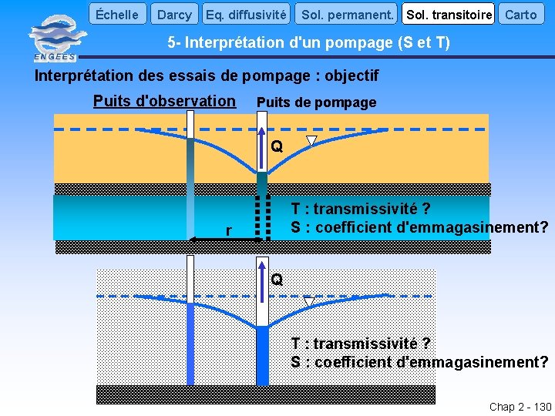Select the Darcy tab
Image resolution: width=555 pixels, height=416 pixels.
[x=174, y=14]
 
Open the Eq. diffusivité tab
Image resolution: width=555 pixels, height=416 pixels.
[x=247, y=14]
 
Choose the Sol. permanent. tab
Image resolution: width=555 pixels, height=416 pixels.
[x=347, y=14]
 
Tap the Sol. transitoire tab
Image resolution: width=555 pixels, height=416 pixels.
[x=449, y=14]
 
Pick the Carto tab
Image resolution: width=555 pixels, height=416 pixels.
[x=520, y=14]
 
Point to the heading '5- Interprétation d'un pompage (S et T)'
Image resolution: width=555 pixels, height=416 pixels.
[x=308, y=43]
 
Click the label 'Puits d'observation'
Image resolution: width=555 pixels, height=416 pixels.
[x=164, y=101]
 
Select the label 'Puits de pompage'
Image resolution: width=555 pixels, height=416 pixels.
[x=316, y=102]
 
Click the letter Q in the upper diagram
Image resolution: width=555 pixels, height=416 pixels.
[x=277, y=146]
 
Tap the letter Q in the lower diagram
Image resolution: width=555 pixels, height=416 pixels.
[x=277, y=280]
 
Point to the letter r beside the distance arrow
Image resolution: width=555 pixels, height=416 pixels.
[x=228, y=231]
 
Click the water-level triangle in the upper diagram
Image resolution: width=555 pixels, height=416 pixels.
[x=311, y=141]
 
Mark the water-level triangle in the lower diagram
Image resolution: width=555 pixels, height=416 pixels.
[x=309, y=302]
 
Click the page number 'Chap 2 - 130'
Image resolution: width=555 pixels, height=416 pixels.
[x=520, y=407]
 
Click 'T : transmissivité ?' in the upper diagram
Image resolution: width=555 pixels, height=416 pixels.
[x=360, y=209]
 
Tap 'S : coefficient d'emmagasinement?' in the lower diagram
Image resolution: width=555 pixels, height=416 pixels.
[x=419, y=362]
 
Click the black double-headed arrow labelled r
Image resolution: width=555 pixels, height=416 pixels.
[x=226, y=240]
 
